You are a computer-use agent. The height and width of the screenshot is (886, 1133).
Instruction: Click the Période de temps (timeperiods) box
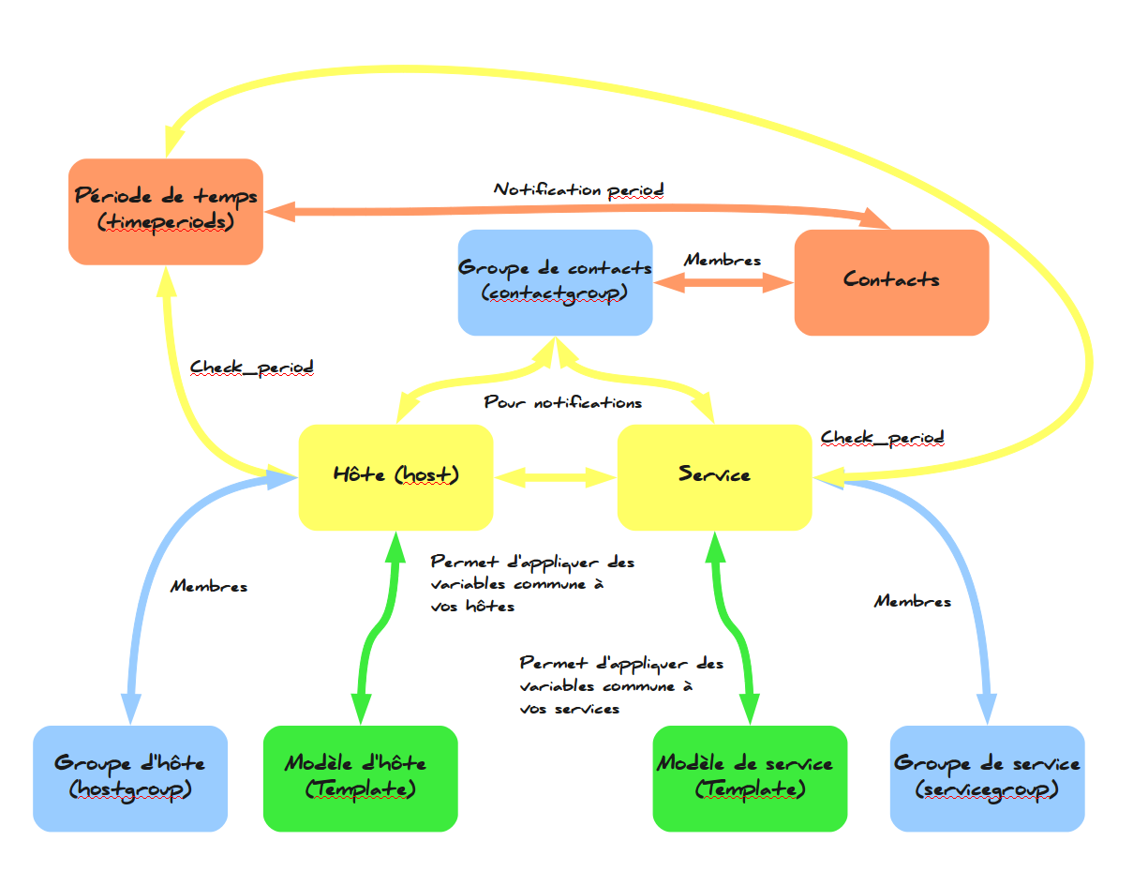pyautogui.click(x=166, y=211)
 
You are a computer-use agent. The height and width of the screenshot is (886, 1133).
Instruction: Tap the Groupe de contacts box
pyautogui.click(x=555, y=281)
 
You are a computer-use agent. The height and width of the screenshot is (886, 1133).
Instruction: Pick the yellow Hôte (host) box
pyautogui.click(x=395, y=476)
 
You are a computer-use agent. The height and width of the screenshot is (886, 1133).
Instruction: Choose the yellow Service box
pyautogui.click(x=714, y=476)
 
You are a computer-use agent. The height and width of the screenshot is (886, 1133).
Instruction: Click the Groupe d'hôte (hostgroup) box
pyautogui.click(x=130, y=777)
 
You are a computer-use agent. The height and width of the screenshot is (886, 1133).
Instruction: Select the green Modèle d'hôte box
pyautogui.click(x=360, y=777)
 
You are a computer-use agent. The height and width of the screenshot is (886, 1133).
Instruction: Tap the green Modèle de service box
pyautogui.click(x=750, y=777)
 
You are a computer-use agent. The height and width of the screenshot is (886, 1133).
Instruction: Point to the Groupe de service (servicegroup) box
pyautogui.click(x=987, y=777)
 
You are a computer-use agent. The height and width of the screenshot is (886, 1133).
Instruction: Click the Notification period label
pyautogui.click(x=579, y=189)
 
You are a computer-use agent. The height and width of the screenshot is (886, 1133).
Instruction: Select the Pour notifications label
pyautogui.click(x=562, y=403)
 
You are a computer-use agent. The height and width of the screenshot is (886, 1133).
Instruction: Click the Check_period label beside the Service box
pyautogui.click(x=882, y=438)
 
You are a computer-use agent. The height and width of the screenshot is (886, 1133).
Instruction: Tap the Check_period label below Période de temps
pyautogui.click(x=251, y=367)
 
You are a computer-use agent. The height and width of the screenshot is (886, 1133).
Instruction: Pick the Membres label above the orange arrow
pyautogui.click(x=723, y=261)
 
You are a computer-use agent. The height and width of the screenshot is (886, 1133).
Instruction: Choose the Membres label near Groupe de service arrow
pyautogui.click(x=912, y=602)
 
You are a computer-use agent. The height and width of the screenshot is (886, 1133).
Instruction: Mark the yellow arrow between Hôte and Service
pyautogui.click(x=555, y=478)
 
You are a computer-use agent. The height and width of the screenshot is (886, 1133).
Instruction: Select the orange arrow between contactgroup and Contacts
pyautogui.click(x=723, y=283)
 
